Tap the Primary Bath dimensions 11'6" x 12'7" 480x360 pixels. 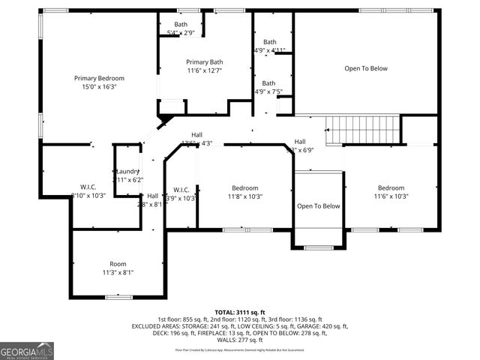coord(205,70)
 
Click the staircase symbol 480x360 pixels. coord(366,130)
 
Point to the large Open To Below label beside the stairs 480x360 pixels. coord(365,68)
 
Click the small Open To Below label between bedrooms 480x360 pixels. coord(318,206)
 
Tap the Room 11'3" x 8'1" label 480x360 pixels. coord(118,264)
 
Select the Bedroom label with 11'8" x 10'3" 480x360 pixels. coord(244,188)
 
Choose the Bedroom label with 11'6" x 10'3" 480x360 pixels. coord(391,188)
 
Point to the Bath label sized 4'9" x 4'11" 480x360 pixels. coord(269,42)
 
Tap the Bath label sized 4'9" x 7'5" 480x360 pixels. coord(269,83)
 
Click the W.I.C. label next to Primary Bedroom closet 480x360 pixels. coord(88,187)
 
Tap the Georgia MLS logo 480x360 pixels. coord(27,350)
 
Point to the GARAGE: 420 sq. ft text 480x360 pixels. coord(321,326)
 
